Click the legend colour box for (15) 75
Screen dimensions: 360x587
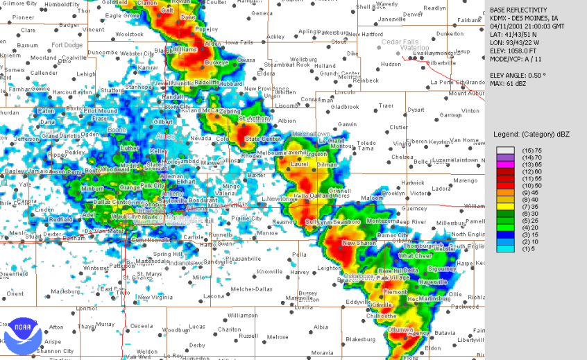coord(504,151)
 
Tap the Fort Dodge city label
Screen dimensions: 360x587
coord(67,46)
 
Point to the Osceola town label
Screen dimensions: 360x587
coord(142,325)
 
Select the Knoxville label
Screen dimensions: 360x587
coord(269,271)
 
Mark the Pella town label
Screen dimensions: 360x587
coord(299,254)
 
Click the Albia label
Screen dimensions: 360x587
coord(321,327)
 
